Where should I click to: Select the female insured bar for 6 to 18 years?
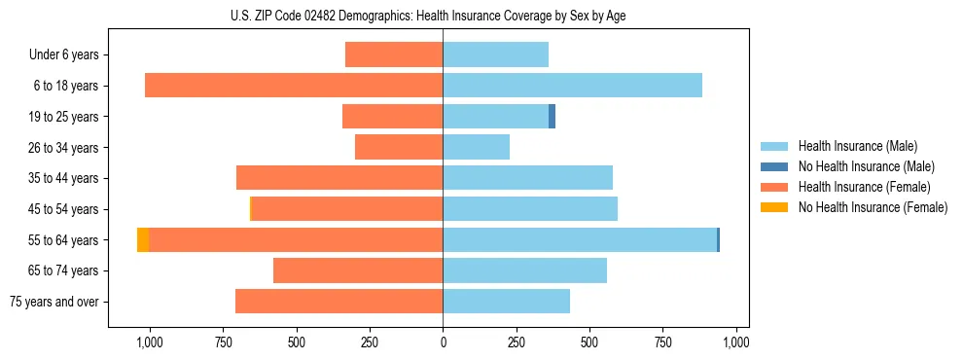294,86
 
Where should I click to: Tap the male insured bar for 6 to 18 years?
572,86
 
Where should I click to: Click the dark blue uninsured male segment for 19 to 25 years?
552,117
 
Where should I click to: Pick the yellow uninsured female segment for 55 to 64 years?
143,240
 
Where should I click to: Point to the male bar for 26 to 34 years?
477,148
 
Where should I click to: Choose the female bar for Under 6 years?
394,55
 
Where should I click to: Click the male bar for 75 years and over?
506,302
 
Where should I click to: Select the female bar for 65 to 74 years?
358,270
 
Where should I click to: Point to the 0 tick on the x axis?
443,342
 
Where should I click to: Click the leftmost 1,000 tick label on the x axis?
149,342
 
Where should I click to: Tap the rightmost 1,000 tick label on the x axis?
736,342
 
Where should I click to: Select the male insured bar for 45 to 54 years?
530,209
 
